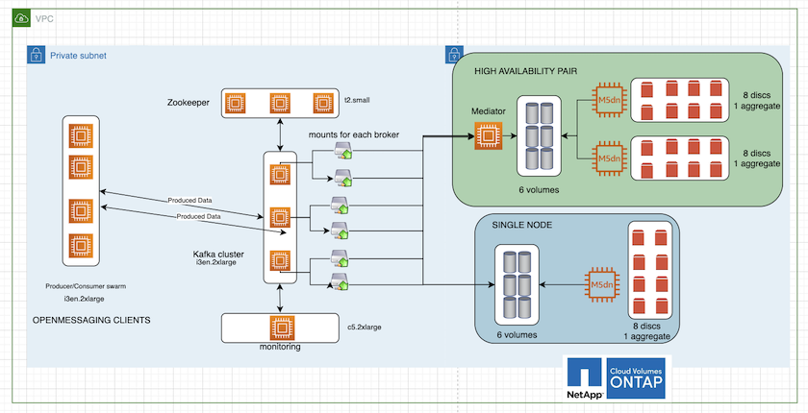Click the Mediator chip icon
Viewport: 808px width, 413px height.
point(488,135)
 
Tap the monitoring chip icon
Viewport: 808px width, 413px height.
point(280,328)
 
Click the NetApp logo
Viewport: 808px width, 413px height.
point(585,378)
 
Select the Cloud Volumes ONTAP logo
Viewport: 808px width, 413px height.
point(637,378)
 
